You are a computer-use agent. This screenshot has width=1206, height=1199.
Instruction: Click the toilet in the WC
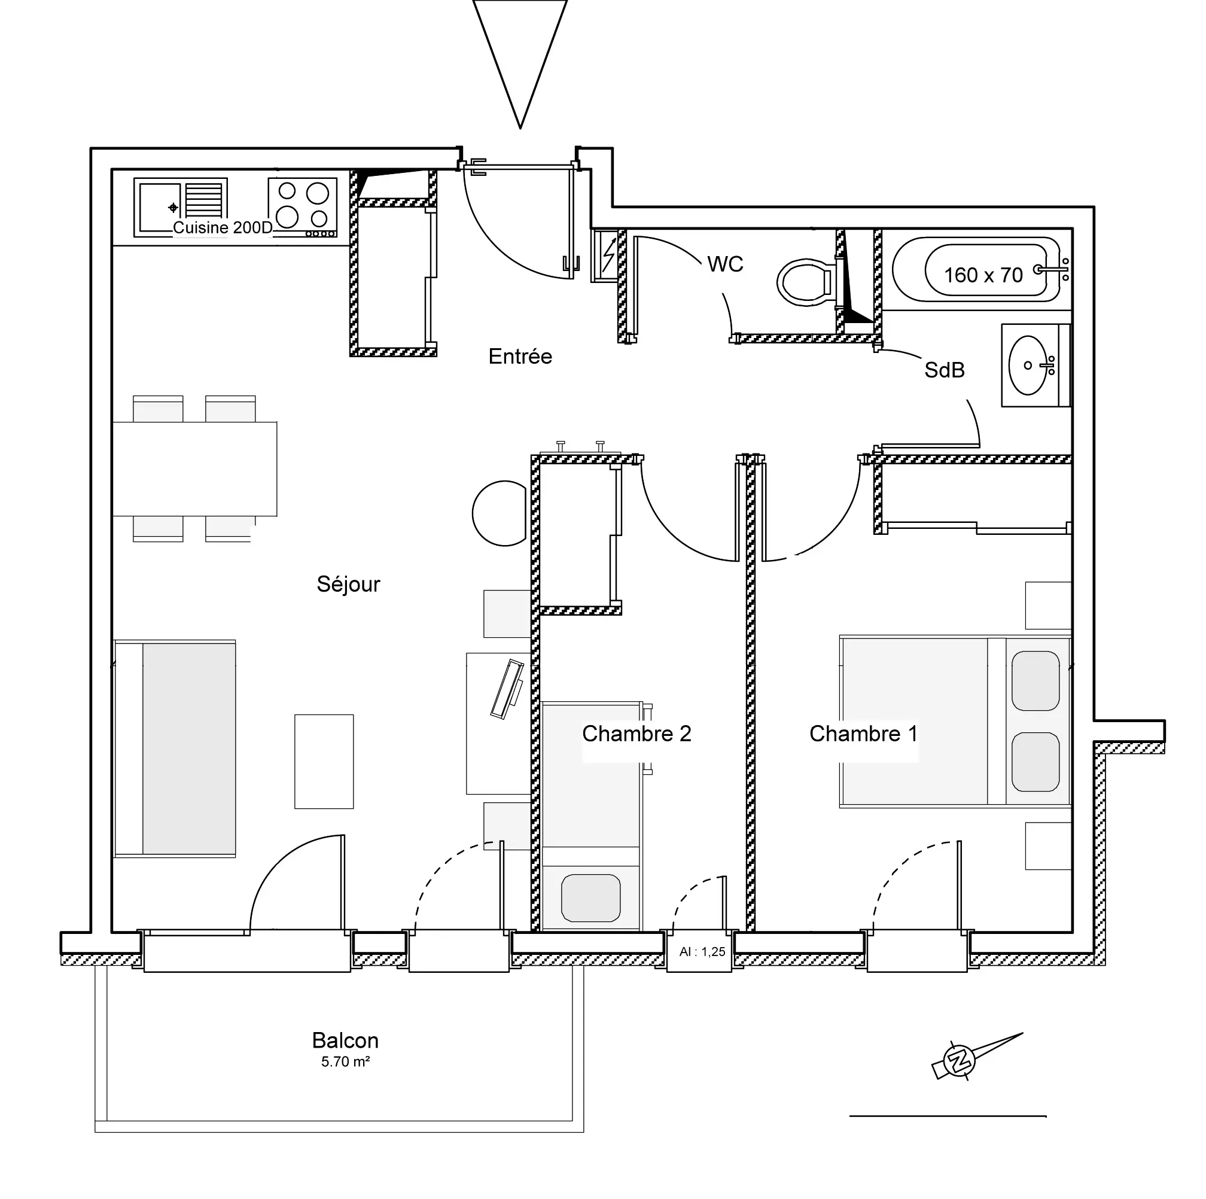[x=806, y=283]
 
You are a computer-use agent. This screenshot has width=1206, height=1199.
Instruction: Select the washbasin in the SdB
[x=1028, y=365]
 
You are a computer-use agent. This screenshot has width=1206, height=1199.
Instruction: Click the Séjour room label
[x=348, y=584]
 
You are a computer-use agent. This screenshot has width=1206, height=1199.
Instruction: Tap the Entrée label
[x=520, y=357]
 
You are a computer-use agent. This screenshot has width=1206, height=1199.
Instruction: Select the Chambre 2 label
[x=636, y=734]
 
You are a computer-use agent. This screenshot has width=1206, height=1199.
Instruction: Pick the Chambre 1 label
[x=863, y=734]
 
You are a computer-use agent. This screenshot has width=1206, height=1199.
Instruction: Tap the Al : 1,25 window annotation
[x=702, y=952]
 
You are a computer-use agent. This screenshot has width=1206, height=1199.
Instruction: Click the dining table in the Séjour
[x=195, y=468]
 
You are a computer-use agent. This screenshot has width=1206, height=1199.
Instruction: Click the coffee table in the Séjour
[x=324, y=762]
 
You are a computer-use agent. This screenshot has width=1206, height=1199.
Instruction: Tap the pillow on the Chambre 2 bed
[x=590, y=897]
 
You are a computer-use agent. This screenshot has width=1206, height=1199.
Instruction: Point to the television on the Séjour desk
[x=507, y=689]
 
